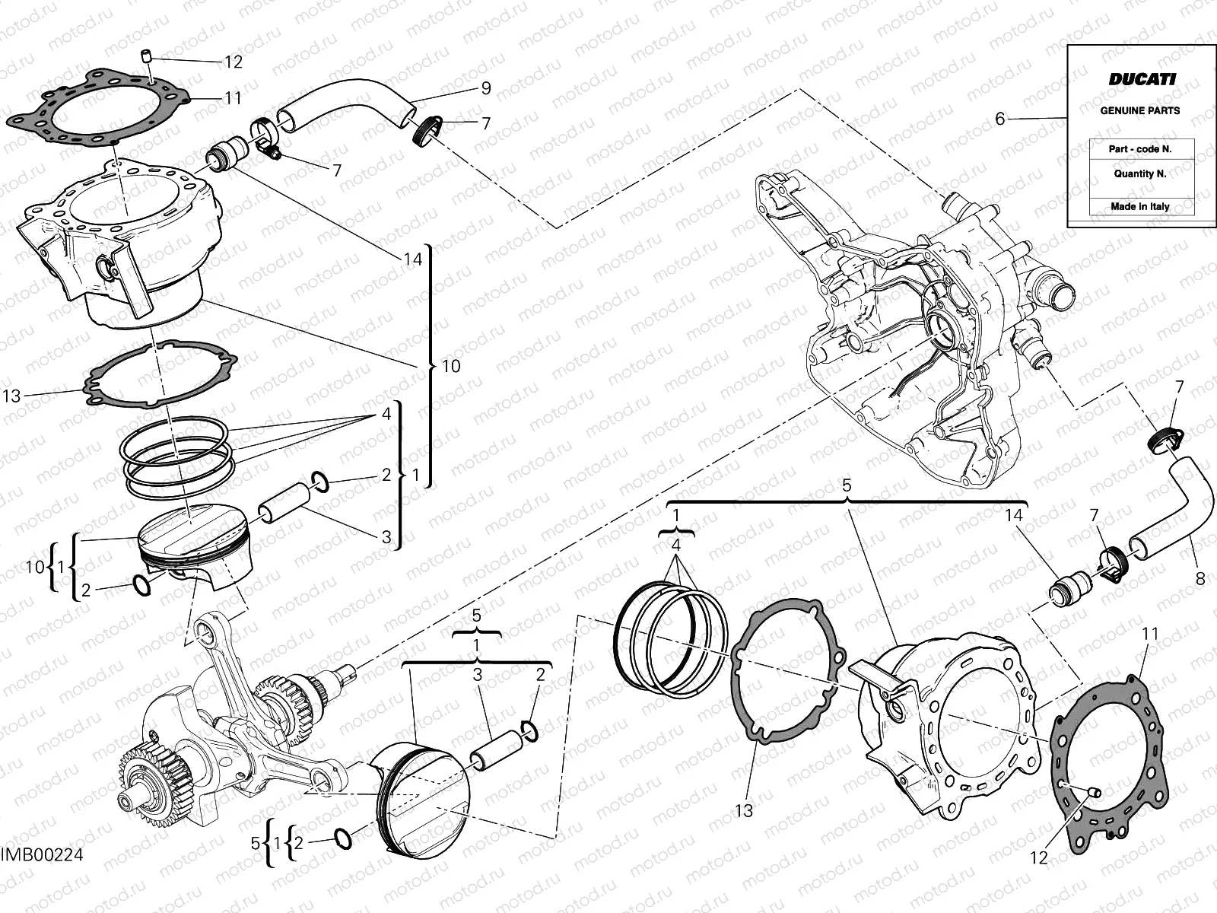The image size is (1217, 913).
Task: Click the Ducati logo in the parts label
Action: tap(1141, 79)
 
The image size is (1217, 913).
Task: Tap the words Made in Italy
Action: tap(1139, 206)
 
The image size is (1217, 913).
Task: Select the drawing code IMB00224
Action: tap(42, 855)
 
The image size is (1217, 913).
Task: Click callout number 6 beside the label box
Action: tap(1000, 119)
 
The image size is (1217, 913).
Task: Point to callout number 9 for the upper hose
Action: tap(485, 87)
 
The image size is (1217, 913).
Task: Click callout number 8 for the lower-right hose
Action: tap(1200, 579)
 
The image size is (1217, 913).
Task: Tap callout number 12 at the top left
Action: tap(233, 62)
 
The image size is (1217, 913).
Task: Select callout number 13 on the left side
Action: tap(11, 396)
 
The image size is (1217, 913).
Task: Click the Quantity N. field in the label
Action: tap(1139, 173)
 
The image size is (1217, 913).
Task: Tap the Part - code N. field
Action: tap(1139, 149)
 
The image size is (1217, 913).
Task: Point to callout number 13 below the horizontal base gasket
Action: tap(744, 810)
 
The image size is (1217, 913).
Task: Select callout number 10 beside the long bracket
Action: tap(451, 366)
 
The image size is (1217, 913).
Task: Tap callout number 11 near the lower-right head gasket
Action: tap(1149, 633)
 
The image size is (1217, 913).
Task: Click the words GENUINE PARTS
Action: tap(1139, 110)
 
